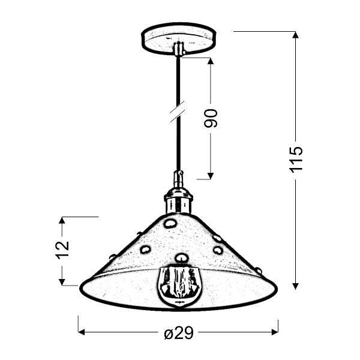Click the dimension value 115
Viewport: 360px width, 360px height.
296,158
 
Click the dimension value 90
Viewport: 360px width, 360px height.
211,118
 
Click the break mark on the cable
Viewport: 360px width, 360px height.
176,112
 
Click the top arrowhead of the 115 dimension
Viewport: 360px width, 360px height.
296,35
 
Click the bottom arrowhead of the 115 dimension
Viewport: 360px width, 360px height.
296,284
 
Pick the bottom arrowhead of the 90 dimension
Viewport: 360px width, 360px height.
210,175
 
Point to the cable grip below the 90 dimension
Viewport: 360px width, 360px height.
178,179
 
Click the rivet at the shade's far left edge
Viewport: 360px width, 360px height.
112,257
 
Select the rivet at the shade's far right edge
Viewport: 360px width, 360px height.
259,271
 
